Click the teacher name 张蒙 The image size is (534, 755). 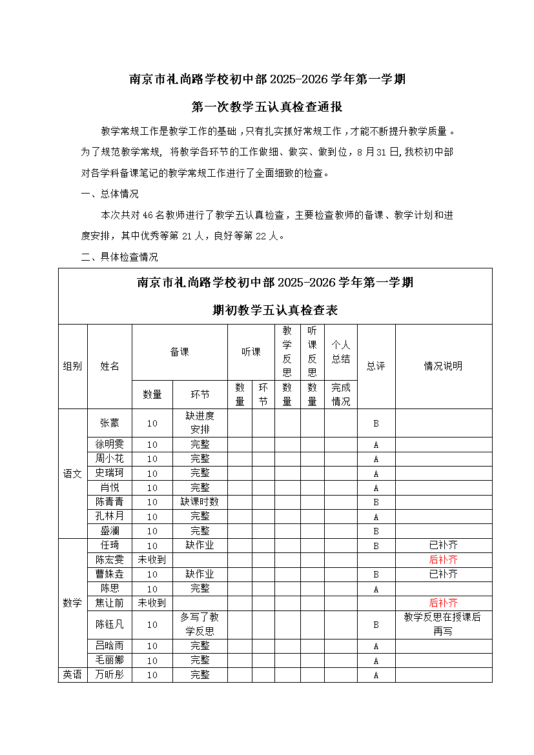(109, 423)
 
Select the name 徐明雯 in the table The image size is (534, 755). (109, 445)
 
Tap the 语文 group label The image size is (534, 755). (72, 474)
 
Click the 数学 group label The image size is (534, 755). (72, 603)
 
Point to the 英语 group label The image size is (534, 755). (72, 675)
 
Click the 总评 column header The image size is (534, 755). (376, 366)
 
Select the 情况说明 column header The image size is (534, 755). (443, 366)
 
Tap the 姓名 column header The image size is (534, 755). (110, 366)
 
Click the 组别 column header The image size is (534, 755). (72, 366)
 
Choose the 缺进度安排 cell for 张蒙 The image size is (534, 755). (200, 423)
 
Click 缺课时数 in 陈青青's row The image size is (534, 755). (200, 502)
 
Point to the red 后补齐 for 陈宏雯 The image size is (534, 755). (443, 559)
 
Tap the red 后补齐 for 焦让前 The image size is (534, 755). (443, 603)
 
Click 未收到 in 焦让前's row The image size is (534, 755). (152, 603)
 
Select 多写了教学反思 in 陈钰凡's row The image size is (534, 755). (200, 624)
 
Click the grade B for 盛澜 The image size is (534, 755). (376, 532)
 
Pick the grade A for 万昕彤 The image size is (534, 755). (376, 676)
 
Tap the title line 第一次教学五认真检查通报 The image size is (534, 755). (267, 107)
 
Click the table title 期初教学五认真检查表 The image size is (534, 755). (275, 310)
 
